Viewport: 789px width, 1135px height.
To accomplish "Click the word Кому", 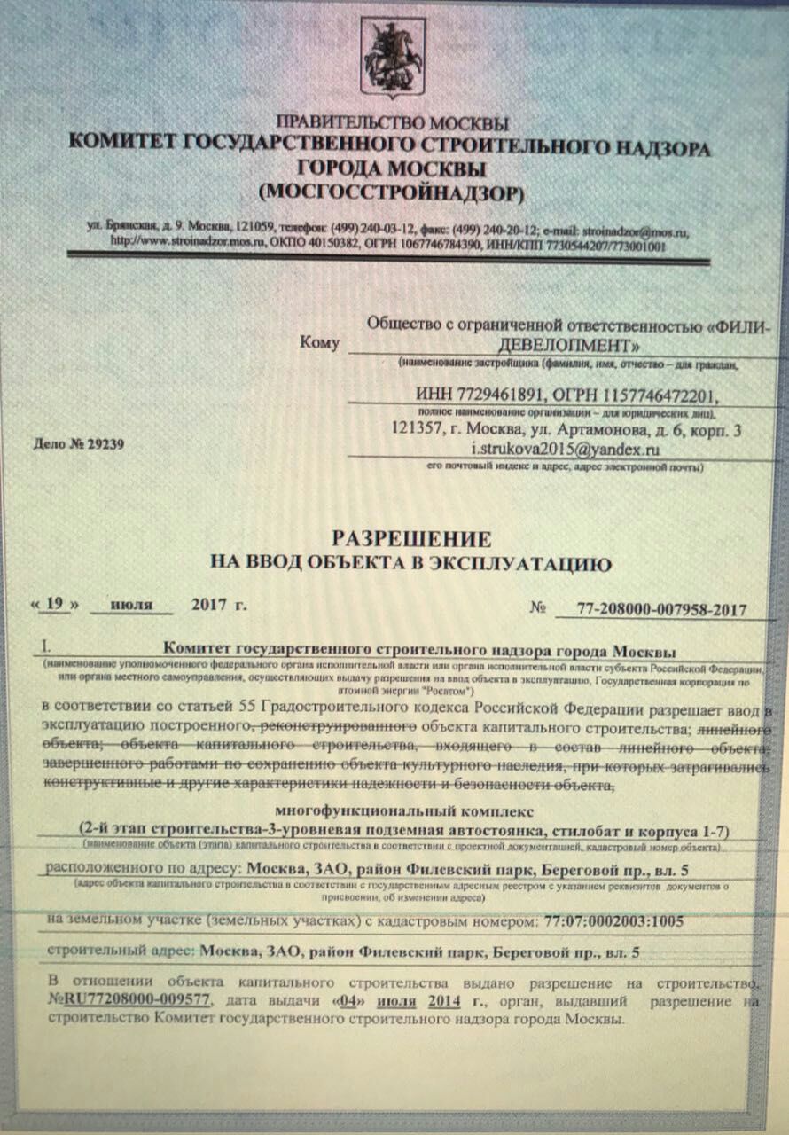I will (319, 342).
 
